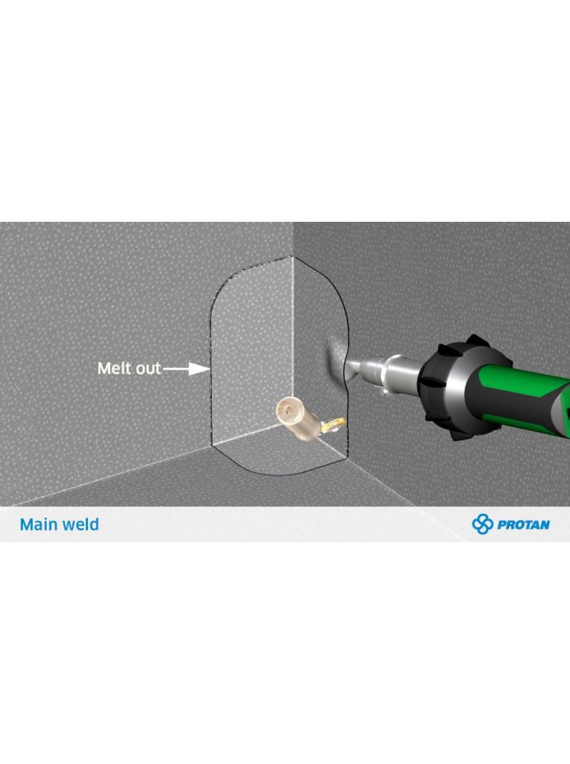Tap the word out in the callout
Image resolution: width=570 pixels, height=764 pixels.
(148, 368)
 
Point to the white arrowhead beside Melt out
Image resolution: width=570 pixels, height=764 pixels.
(200, 369)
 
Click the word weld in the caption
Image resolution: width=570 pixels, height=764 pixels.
(82, 524)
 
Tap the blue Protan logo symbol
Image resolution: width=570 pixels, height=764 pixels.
(482, 524)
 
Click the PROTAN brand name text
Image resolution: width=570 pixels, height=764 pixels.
(524, 524)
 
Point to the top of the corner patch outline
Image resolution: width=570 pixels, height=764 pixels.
(292, 255)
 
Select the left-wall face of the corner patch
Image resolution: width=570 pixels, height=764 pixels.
(251, 351)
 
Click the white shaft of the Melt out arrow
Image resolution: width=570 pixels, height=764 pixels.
(177, 369)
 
